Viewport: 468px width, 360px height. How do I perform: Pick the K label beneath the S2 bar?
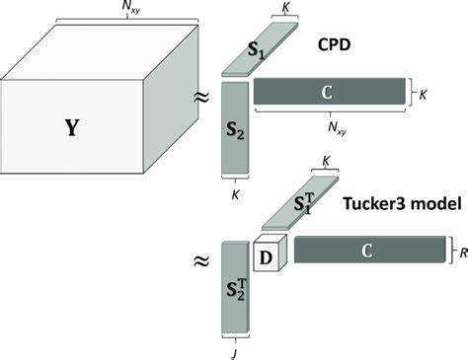pyautogui.click(x=234, y=193)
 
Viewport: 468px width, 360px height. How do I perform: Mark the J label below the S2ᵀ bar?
pyautogui.click(x=234, y=349)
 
